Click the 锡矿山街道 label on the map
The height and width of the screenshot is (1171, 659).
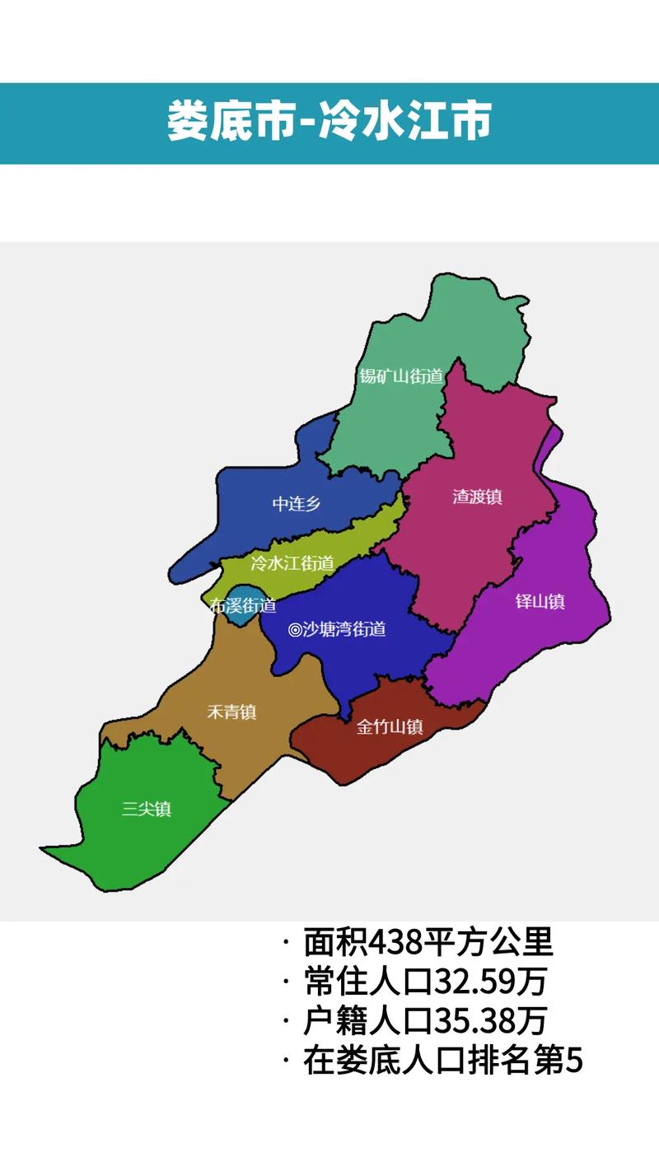tap(401, 376)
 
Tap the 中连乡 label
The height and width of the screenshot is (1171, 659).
tap(297, 504)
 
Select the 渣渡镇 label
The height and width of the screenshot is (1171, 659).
tap(477, 497)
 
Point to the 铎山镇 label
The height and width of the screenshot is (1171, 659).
tap(540, 601)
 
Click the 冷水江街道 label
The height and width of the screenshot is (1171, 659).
tap(292, 564)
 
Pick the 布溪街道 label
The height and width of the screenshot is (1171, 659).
tap(243, 606)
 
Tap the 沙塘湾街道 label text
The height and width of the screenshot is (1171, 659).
tap(344, 630)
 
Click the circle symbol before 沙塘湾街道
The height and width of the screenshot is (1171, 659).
tap(294, 630)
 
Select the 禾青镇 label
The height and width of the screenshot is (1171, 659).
tap(231, 711)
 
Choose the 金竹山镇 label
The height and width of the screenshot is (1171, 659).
tap(390, 727)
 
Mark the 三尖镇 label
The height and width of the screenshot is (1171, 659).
tap(147, 809)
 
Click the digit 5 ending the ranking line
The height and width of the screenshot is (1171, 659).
tap(574, 1061)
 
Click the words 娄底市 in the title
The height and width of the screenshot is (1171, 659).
tap(230, 122)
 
